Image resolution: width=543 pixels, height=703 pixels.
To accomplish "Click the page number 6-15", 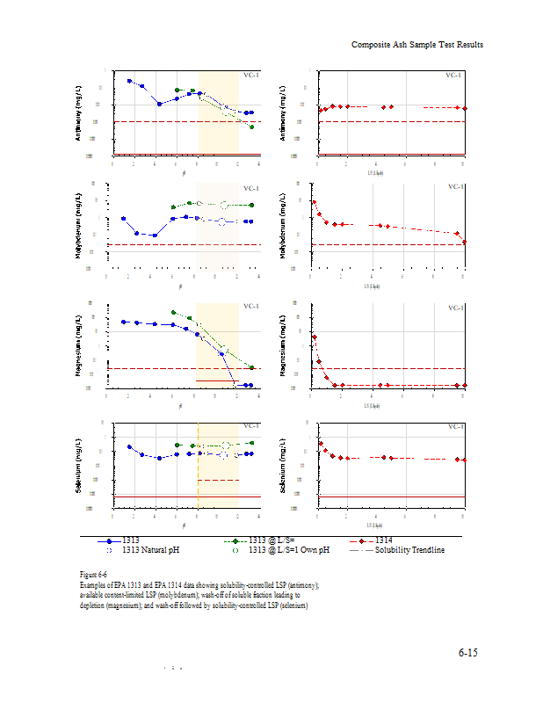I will point(467,652).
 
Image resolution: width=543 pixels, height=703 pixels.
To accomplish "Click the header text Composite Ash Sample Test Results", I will point(416,45).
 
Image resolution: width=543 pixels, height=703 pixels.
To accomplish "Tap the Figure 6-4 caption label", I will point(92,574).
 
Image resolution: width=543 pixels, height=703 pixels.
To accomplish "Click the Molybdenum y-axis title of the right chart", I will point(283,228).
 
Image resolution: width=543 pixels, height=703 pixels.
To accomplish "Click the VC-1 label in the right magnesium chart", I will point(456,308).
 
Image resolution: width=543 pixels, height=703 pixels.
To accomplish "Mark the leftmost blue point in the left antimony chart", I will point(129,81).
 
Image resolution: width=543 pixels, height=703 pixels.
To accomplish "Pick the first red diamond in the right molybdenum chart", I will point(315,202).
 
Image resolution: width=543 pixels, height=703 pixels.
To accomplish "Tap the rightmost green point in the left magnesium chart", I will point(252,367).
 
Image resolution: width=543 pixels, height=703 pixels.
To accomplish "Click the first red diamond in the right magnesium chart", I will point(314,337).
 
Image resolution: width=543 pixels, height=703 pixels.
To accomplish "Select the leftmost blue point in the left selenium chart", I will point(129,446).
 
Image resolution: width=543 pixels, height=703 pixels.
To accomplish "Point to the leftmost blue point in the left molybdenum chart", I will point(123,218).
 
